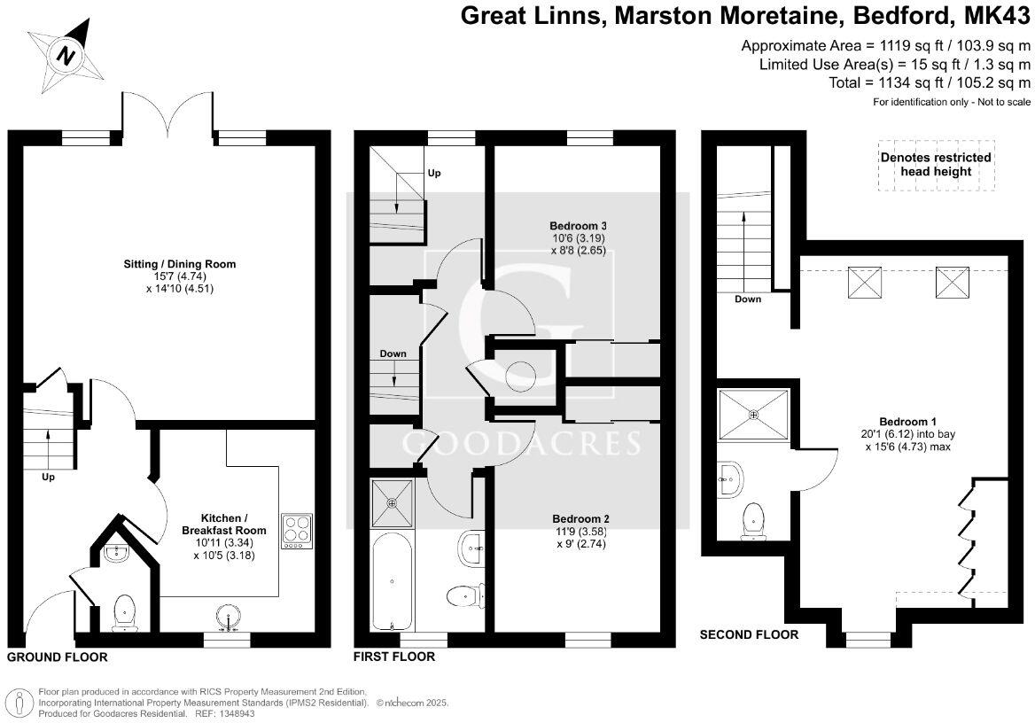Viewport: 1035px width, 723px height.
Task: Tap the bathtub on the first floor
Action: pos(392,581)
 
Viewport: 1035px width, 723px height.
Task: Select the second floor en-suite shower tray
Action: pos(754,413)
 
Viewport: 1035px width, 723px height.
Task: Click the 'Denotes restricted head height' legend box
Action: pos(935,164)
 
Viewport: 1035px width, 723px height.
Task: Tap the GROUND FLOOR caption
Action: pos(57,657)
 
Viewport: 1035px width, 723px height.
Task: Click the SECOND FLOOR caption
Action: pos(749,634)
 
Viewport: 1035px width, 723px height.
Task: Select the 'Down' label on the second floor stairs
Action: pos(747,299)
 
